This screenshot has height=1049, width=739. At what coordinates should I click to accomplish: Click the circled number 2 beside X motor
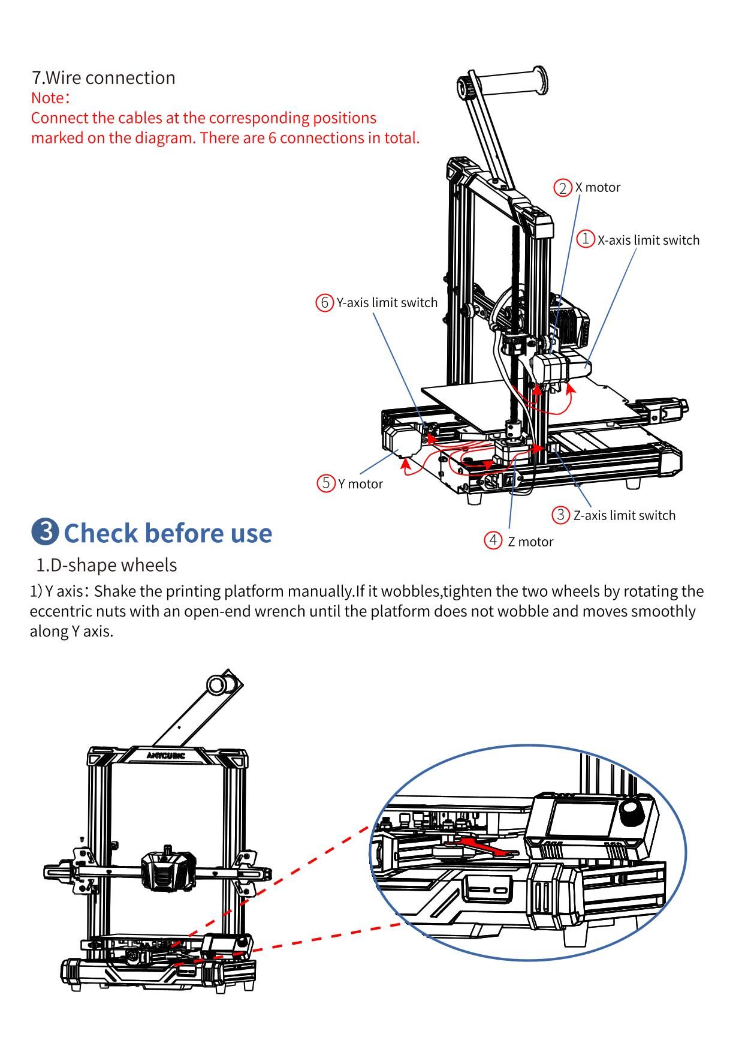562,188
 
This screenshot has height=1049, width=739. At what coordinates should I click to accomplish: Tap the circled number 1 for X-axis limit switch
585,239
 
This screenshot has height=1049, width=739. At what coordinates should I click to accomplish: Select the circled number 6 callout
324,302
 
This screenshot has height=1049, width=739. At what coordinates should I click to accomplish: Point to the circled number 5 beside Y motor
325,483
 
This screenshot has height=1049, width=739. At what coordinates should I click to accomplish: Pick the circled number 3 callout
560,515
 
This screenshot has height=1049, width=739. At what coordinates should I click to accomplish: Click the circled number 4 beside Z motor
493,540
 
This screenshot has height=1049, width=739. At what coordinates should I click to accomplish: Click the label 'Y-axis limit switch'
387,302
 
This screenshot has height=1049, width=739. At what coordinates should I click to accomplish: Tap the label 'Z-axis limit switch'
624,515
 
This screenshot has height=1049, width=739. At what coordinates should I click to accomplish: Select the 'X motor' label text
598,187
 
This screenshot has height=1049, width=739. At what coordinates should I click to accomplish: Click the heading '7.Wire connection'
104,77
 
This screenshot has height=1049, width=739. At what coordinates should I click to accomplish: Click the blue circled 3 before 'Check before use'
45,532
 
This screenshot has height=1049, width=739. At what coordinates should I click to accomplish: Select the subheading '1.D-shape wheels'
107,565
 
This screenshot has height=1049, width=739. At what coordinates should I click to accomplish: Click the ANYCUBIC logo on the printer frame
166,755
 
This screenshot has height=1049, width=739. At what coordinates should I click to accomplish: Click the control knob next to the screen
631,811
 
